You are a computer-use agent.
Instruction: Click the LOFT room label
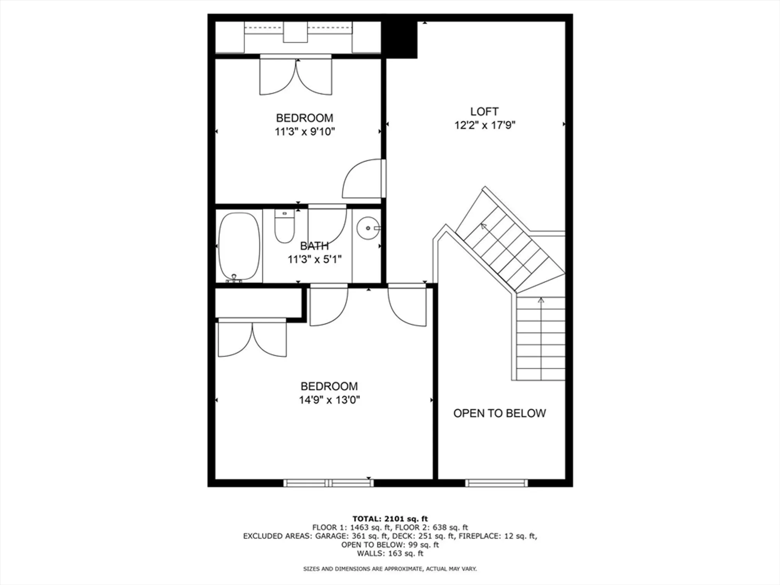click(x=484, y=112)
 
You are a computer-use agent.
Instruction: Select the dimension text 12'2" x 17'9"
click(x=485, y=126)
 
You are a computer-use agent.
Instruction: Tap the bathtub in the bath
click(x=239, y=246)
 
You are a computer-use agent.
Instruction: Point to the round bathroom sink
click(x=367, y=228)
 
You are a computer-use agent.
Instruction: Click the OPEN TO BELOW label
click(x=499, y=413)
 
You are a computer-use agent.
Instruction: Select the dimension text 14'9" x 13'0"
click(x=329, y=400)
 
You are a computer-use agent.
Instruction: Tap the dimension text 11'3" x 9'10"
click(x=305, y=132)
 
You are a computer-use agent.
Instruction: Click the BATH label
click(x=314, y=246)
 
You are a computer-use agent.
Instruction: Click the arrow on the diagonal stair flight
click(x=484, y=226)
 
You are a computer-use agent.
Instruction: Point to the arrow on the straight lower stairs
click(x=541, y=300)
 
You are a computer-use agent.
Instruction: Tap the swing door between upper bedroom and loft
click(x=363, y=179)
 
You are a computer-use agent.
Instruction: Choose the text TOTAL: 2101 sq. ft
click(x=390, y=519)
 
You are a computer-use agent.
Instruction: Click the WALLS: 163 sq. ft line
click(x=390, y=553)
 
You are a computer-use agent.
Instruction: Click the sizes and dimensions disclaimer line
click(x=390, y=569)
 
